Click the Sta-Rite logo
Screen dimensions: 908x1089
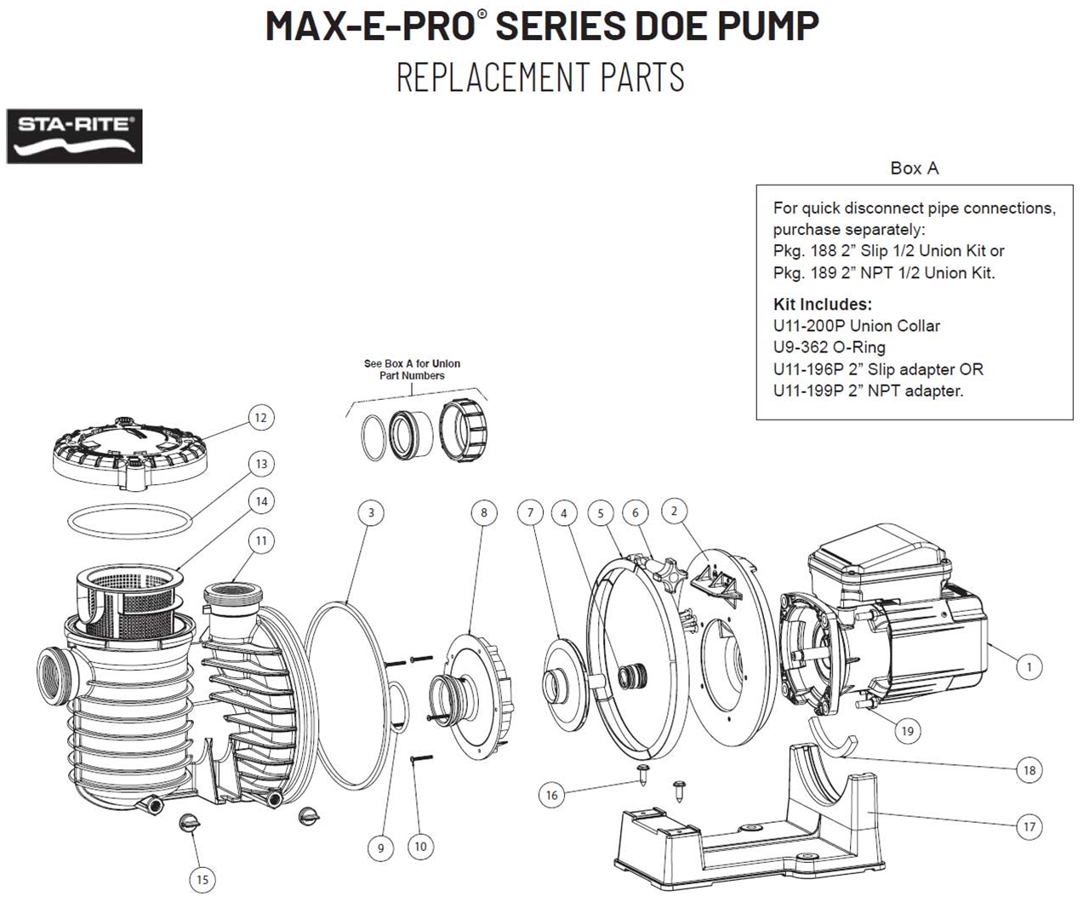(75, 136)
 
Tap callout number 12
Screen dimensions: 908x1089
(260, 417)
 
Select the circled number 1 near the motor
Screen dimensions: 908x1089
(1029, 666)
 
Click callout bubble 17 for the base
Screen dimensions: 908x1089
(1029, 826)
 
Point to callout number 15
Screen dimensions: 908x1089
(202, 879)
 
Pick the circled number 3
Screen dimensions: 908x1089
(370, 512)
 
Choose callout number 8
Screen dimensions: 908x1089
(483, 512)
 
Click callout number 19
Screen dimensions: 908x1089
(908, 730)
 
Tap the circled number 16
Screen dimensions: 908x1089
(551, 795)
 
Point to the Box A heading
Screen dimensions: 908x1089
(914, 168)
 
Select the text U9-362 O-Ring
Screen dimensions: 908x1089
(829, 347)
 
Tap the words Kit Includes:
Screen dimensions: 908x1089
(822, 304)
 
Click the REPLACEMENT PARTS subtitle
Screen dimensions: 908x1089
(540, 77)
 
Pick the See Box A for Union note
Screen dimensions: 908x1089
(412, 369)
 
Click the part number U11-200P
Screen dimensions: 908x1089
(809, 325)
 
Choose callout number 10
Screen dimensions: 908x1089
(419, 846)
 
